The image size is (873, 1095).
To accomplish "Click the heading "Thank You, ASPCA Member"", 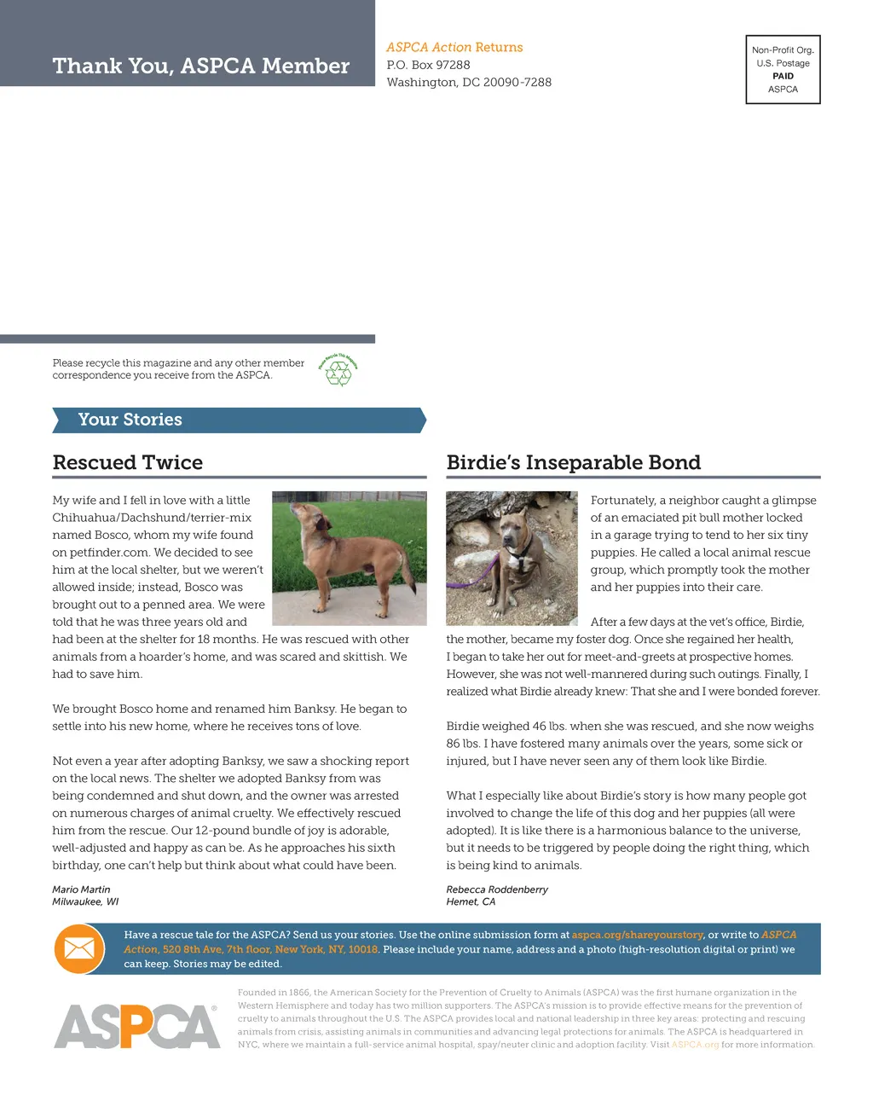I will tap(201, 66).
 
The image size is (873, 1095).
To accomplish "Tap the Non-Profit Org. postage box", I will tap(783, 69).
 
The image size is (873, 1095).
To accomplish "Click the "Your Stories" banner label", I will tap(130, 420).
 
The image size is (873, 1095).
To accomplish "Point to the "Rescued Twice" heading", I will tap(128, 462).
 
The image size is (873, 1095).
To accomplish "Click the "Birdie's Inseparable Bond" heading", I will tap(573, 462).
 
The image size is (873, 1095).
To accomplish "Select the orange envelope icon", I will tap(78, 948).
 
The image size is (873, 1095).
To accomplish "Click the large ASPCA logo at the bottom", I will tap(136, 1026).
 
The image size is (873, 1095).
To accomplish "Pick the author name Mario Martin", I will tap(81, 889).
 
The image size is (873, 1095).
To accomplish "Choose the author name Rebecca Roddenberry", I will tap(497, 889).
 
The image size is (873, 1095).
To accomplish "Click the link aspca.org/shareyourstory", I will tap(638, 935).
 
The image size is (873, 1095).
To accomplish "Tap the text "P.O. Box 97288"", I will tap(428, 65).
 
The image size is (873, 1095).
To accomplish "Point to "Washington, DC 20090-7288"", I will tap(469, 83).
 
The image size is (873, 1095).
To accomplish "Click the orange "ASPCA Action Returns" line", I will tap(454, 48).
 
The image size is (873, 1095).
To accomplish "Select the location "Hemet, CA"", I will tap(471, 901).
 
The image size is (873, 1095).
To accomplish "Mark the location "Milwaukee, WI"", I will tap(85, 901).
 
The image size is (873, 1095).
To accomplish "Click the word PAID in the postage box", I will tap(783, 76).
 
